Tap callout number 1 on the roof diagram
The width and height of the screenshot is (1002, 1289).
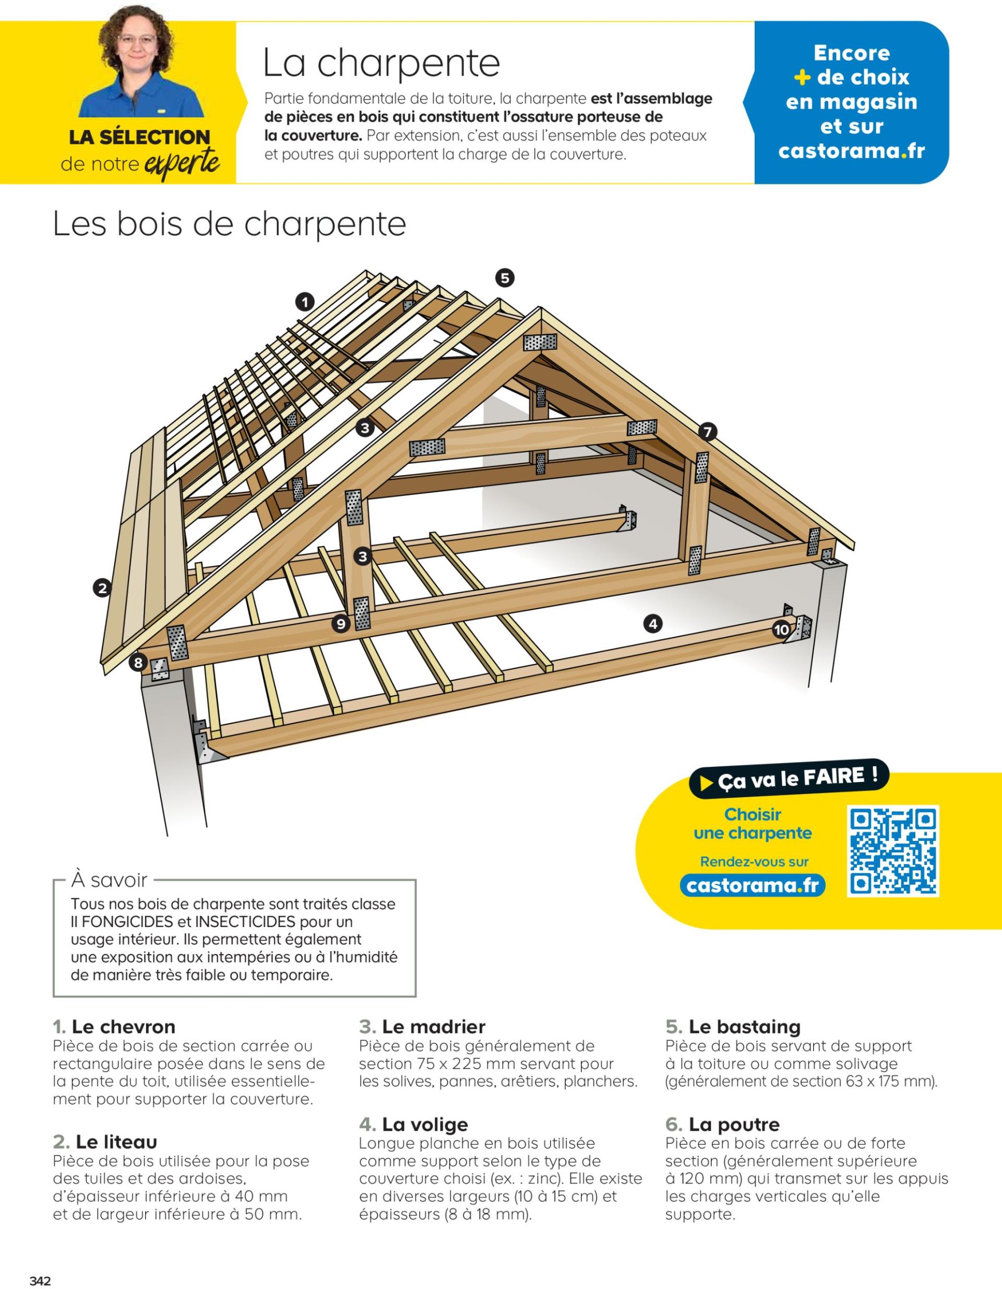pos(305,303)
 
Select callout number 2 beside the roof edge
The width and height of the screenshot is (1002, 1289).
pos(102,587)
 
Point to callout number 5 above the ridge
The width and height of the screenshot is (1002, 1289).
pos(504,278)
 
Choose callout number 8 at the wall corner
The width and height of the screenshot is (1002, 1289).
pos(138,662)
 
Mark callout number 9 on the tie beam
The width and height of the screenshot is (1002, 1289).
pos(341,623)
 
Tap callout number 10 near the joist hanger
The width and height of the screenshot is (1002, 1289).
pos(781,630)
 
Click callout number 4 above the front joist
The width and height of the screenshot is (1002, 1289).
pos(652,623)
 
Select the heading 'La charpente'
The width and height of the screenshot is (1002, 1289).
pos(381,63)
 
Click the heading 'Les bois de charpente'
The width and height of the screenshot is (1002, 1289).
pos(229,224)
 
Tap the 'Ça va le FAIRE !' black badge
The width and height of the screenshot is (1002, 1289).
pos(789,778)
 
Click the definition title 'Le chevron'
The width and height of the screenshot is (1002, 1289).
pos(123,1027)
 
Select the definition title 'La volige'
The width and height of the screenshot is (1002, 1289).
pos(424,1124)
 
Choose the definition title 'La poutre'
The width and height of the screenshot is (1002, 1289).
pos(733,1124)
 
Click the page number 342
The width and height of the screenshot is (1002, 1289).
pos(41,1275)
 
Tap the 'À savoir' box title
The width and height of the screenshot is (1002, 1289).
pos(109,880)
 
